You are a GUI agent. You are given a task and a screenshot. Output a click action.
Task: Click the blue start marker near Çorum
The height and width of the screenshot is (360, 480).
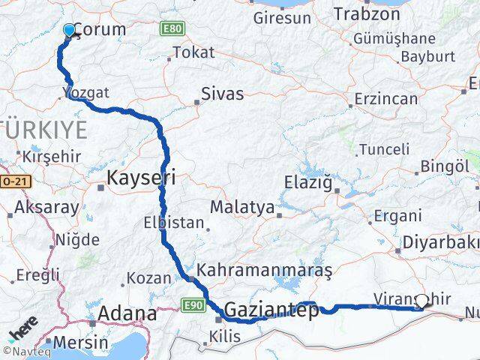70,30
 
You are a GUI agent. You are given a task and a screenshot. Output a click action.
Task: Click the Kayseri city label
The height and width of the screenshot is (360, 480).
141,178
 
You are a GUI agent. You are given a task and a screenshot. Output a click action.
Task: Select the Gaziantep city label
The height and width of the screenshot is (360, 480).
271,309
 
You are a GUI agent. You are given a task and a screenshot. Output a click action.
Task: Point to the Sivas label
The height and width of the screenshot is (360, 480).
222,94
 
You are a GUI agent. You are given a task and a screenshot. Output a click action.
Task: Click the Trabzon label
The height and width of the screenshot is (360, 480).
368,14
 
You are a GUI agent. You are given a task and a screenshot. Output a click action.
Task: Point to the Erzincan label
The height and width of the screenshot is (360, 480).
386,99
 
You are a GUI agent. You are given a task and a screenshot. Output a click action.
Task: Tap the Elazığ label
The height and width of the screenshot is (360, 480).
309,181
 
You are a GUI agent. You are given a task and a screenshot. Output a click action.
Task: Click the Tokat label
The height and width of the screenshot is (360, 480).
193,53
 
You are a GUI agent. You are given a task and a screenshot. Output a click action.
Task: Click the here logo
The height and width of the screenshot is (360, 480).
23,330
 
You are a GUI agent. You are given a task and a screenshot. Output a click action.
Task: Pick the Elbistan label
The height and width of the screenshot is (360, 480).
174,223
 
